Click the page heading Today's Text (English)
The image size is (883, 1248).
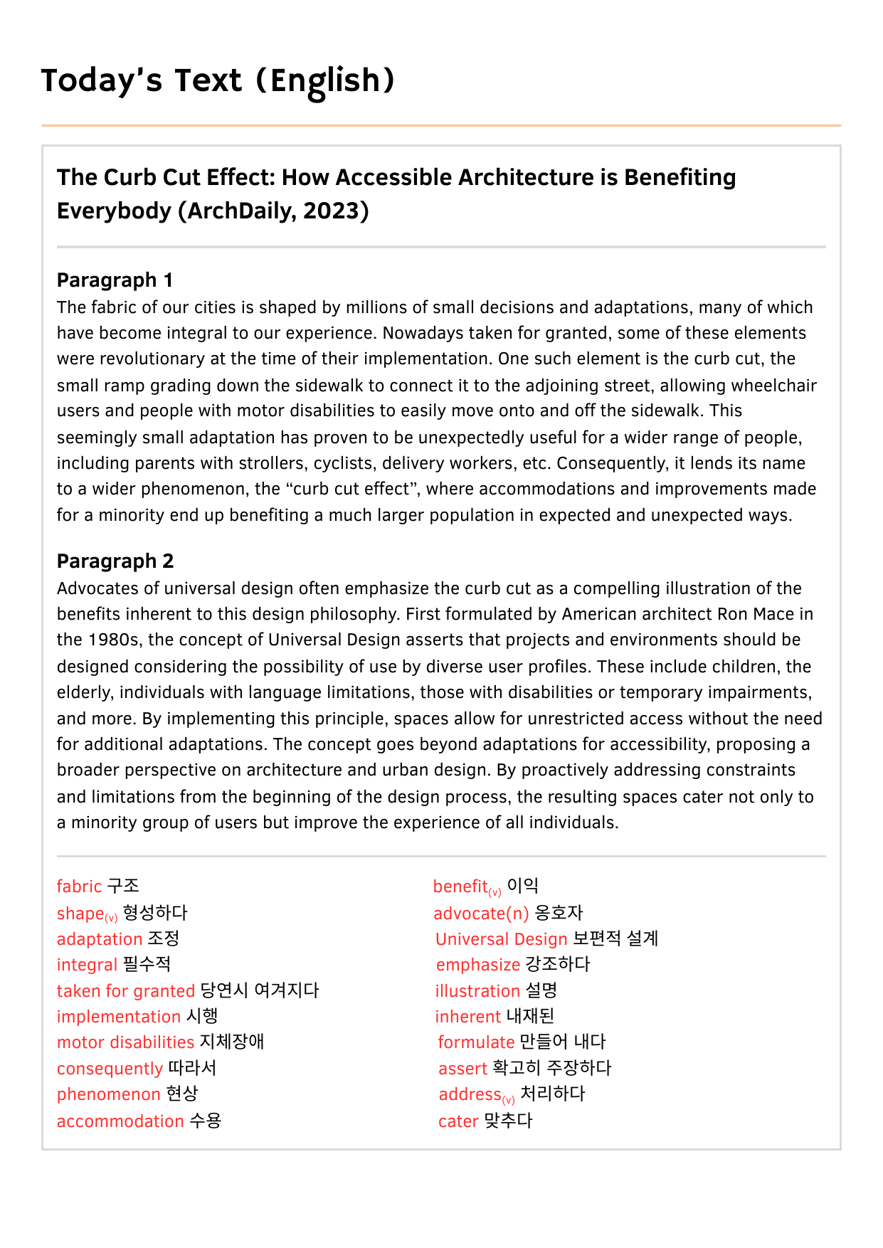(x=218, y=81)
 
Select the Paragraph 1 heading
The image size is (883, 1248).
(x=115, y=280)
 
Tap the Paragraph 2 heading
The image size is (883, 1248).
(x=115, y=561)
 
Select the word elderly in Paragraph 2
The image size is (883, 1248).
(x=84, y=692)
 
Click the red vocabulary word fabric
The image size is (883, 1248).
(x=79, y=887)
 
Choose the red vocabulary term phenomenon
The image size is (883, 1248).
(x=108, y=1094)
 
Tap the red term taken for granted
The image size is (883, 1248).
(x=125, y=991)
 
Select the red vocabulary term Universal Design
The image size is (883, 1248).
(x=501, y=939)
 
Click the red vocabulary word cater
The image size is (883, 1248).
(x=458, y=1121)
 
